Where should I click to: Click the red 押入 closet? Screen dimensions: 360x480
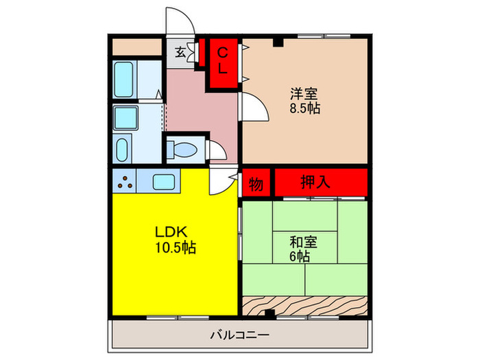[x=321, y=182]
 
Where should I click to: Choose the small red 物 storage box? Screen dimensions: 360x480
[x=256, y=183]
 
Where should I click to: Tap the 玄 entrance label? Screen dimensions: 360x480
[x=180, y=52]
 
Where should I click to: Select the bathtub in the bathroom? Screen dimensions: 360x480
[x=125, y=80]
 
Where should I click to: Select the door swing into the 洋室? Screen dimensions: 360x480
[x=252, y=107]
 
